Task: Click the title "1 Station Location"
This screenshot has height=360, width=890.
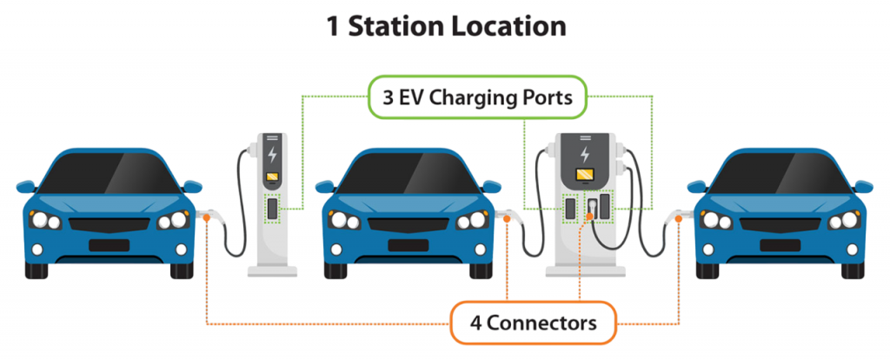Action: pos(445,26)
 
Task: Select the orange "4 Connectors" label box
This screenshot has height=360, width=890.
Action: pos(533,323)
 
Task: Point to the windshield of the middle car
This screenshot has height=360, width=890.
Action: pos(408,173)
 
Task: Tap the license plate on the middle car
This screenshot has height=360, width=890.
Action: pos(408,244)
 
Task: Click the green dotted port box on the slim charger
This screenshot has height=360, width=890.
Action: pos(273,210)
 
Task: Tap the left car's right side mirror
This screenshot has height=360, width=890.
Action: pos(192,185)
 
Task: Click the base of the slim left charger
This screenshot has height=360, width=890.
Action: pos(273,270)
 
